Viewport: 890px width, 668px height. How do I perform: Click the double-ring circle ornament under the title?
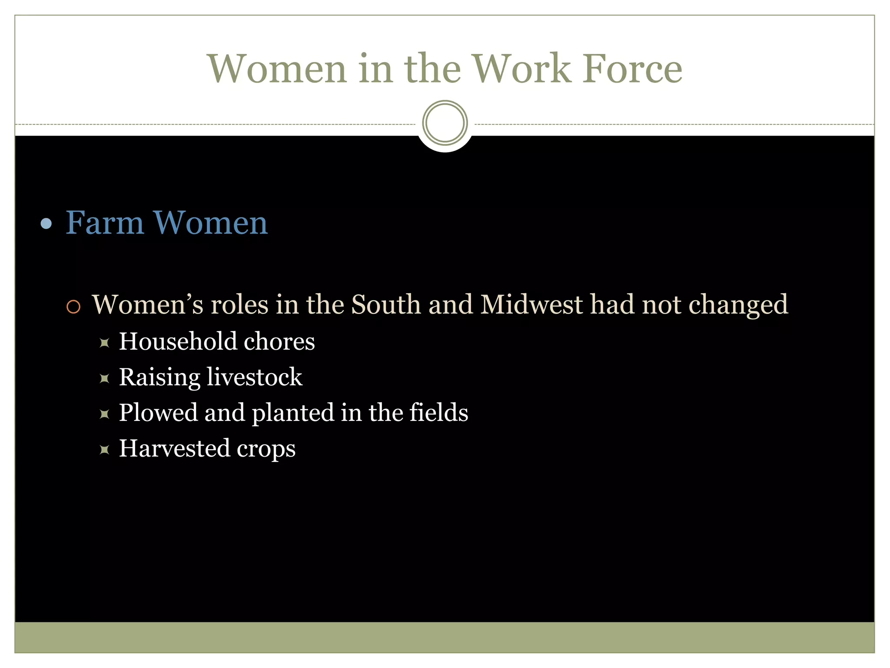445,123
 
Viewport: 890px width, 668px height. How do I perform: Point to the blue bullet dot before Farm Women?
46,224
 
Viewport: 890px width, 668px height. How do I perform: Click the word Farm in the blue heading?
104,223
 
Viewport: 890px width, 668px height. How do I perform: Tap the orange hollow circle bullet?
73,307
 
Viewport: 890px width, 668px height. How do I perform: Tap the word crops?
266,449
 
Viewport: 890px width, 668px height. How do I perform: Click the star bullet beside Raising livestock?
104,378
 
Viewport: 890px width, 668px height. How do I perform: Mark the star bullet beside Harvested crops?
104,449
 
